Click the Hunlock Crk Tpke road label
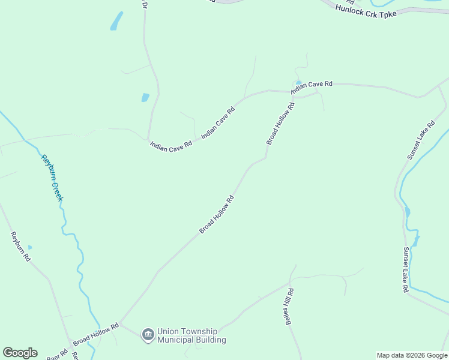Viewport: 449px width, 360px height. tap(366, 10)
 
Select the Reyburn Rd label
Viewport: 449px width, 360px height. tap(20, 247)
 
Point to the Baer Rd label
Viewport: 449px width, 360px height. tap(58, 353)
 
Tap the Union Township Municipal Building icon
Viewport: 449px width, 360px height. tap(148, 334)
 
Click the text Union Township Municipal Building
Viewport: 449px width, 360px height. tap(191, 335)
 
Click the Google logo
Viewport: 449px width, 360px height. tap(20, 353)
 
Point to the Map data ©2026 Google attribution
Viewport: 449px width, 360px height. tap(412, 355)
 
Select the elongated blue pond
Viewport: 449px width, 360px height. tap(116, 21)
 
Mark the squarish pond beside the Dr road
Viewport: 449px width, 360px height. tap(145, 97)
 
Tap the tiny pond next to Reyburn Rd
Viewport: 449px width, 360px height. tap(29, 247)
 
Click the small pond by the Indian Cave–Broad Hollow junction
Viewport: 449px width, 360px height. tap(298, 83)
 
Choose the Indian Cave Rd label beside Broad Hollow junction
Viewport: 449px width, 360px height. tap(312, 88)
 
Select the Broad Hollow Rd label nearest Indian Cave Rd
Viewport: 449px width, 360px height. tap(280, 124)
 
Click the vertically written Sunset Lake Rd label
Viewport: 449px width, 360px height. tap(406, 270)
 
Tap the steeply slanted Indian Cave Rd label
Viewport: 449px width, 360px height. tap(218, 120)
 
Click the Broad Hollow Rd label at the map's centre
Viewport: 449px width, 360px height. tap(216, 214)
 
